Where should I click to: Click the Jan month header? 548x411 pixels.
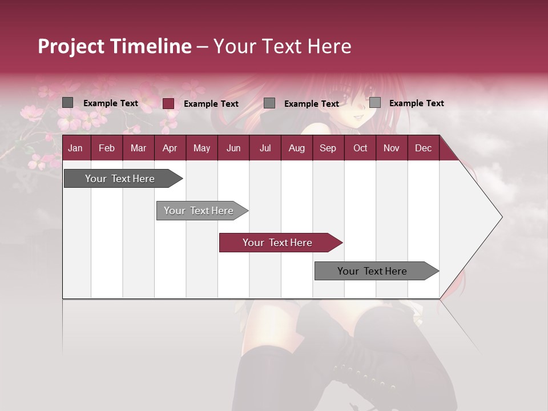(75, 148)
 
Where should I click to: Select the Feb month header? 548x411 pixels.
(107, 148)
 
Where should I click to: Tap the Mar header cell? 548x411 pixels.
(138, 148)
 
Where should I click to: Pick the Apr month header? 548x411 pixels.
(170, 148)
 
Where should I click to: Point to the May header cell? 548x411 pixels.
(202, 148)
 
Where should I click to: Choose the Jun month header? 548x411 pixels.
(233, 148)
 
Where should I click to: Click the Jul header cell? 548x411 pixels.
(265, 148)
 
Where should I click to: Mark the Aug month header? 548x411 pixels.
(296, 148)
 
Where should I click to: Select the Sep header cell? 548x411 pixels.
(328, 148)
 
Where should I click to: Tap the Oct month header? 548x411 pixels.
(360, 148)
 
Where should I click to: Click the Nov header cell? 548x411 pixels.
(392, 148)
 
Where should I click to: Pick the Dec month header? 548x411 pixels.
(423, 148)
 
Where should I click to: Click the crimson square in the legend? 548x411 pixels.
(168, 103)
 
